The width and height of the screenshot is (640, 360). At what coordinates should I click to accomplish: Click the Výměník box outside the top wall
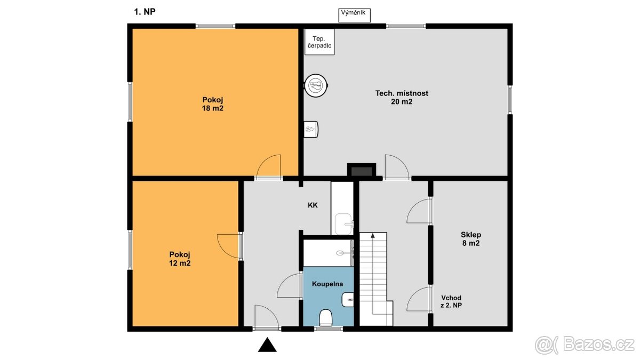pos(354,15)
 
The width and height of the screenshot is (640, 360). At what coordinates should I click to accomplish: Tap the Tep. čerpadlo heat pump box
pos(319,42)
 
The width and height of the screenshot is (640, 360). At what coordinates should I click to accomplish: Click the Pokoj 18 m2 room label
pos(213,104)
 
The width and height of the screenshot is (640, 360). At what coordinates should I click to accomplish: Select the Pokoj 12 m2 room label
pos(180,259)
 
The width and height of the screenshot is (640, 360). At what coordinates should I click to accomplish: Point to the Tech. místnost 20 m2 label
pos(402,98)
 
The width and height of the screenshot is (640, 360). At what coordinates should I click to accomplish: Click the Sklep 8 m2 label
pos(471,239)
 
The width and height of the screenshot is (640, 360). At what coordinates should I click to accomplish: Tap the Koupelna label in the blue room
pos(327,284)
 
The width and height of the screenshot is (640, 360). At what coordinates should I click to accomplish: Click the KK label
pos(313,205)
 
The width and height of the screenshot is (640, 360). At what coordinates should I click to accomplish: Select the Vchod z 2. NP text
pos(451,301)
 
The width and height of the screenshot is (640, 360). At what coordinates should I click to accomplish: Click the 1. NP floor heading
pos(145,12)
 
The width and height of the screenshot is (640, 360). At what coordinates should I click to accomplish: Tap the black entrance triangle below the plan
pos(267,345)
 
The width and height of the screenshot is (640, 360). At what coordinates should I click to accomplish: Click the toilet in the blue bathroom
pos(325,318)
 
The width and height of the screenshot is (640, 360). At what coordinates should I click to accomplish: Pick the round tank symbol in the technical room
pos(316,85)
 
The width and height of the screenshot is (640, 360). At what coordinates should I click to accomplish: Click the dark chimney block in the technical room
pos(362,171)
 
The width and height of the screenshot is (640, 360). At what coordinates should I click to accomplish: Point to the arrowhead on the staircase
pos(373,235)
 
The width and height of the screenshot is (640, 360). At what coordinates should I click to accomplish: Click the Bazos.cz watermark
pos(585,345)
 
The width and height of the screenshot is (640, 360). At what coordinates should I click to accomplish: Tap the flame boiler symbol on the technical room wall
pos(310,130)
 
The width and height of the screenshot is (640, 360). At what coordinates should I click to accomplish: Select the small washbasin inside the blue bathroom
pos(347,300)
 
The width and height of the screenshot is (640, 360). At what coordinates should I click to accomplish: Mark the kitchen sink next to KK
pos(344,224)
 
